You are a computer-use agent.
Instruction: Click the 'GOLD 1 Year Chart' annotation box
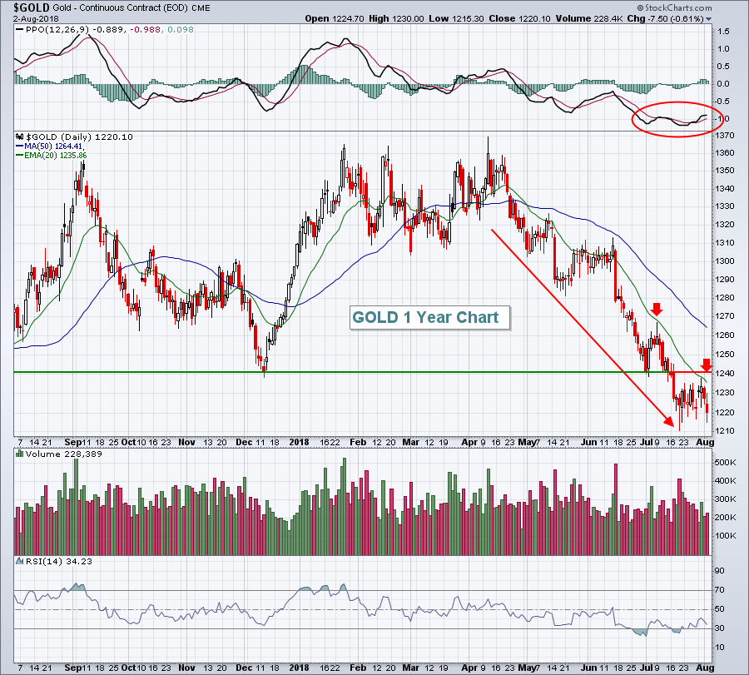425,317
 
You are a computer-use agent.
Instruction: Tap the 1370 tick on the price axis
726,135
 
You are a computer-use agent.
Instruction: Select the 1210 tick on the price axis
726,430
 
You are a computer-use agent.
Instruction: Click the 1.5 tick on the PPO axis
722,31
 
